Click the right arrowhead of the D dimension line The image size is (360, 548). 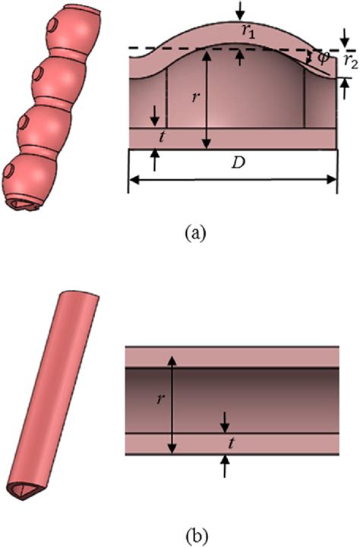tap(333, 179)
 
